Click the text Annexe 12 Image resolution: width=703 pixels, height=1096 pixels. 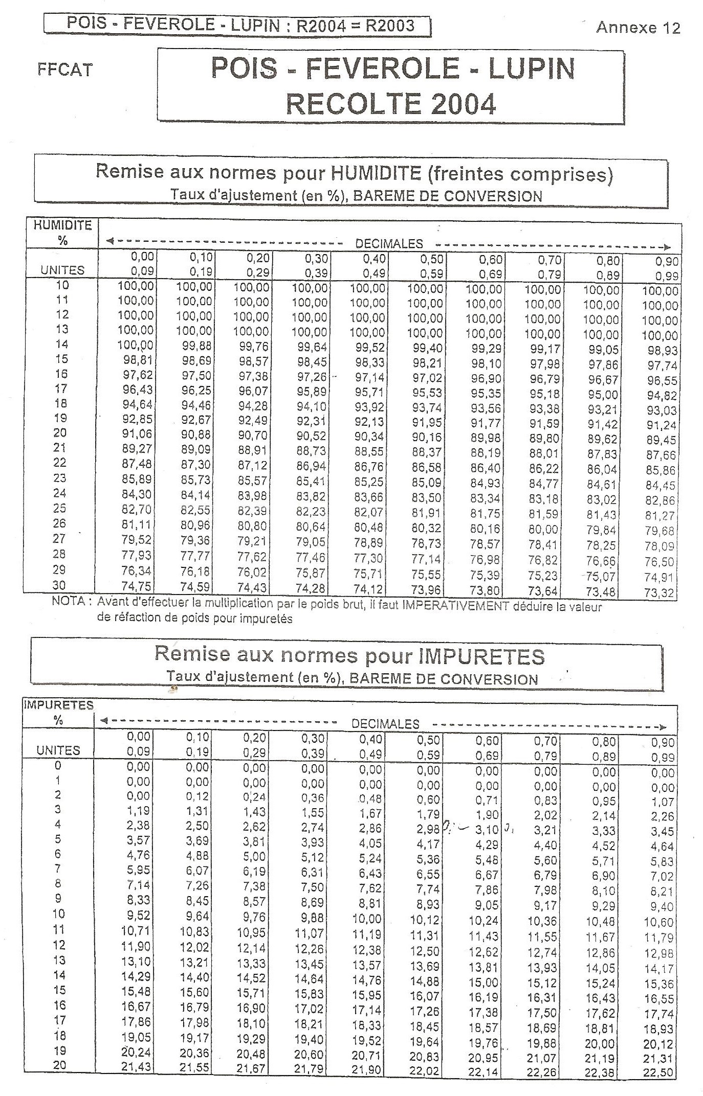click(x=638, y=28)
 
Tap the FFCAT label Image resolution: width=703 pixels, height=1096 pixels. click(x=65, y=70)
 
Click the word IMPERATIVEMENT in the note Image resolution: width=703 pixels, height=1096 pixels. click(x=455, y=606)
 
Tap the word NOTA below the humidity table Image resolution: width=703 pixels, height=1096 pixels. click(x=68, y=601)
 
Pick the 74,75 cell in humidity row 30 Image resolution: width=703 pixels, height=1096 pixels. click(x=136, y=586)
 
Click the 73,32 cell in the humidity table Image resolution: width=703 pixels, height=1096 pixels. click(x=660, y=593)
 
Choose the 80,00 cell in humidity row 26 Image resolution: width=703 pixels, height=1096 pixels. click(x=544, y=530)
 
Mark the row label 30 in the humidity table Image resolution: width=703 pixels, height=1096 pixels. click(x=59, y=585)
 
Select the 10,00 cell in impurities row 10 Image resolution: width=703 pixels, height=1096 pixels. click(x=367, y=919)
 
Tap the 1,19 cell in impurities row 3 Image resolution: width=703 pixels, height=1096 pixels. click(x=139, y=810)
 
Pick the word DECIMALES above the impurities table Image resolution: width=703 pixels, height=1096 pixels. click(x=385, y=724)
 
